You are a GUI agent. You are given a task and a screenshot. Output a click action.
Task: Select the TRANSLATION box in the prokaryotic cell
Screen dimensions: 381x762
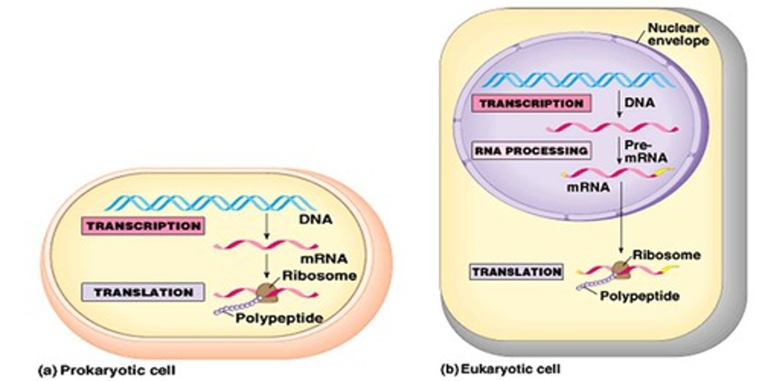coord(143,293)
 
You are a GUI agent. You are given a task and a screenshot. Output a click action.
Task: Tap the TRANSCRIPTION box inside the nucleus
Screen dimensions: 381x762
coord(532,104)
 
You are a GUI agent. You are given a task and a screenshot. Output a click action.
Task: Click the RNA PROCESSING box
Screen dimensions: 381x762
coord(531,151)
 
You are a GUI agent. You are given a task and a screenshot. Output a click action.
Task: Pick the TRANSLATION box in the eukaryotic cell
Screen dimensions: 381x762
coord(516,273)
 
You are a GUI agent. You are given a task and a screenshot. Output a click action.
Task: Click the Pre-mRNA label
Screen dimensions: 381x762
coord(645,151)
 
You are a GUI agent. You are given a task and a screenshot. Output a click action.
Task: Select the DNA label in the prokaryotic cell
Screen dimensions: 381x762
coord(316,219)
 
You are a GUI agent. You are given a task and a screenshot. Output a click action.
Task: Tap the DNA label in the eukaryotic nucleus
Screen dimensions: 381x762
coord(639,103)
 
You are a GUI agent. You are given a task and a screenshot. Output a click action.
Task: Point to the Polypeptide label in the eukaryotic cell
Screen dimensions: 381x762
coord(639,296)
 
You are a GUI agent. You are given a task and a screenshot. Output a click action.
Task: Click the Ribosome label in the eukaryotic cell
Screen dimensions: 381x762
coord(666,255)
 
